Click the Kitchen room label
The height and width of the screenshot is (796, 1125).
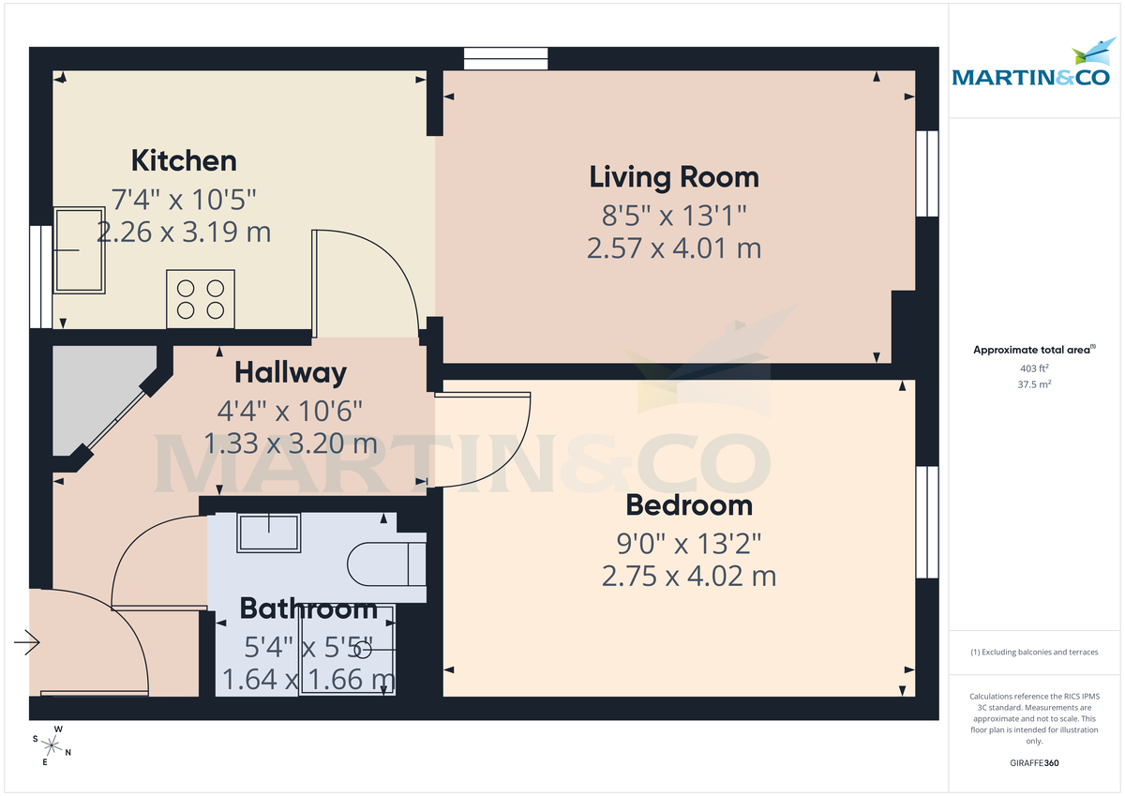[183, 160]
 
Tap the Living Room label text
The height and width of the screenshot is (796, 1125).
[673, 176]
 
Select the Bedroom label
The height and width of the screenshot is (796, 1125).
[689, 505]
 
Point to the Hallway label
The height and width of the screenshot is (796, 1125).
[290, 372]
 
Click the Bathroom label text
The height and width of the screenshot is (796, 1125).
[308, 608]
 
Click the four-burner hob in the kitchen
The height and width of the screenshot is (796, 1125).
[201, 299]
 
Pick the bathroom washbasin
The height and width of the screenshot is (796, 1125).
[268, 533]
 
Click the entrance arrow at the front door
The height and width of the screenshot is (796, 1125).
[26, 642]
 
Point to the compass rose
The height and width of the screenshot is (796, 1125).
[52, 745]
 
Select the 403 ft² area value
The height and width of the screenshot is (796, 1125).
[1033, 368]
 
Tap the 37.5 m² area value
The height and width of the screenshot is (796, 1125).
[1033, 383]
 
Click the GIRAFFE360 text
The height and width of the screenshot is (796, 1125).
[1033, 763]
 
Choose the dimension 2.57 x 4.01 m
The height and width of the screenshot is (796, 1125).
[673, 248]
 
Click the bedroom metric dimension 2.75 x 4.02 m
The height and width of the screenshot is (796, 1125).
[689, 576]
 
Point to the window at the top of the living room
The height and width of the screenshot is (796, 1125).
[506, 58]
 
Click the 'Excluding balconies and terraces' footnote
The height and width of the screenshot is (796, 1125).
[1033, 652]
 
